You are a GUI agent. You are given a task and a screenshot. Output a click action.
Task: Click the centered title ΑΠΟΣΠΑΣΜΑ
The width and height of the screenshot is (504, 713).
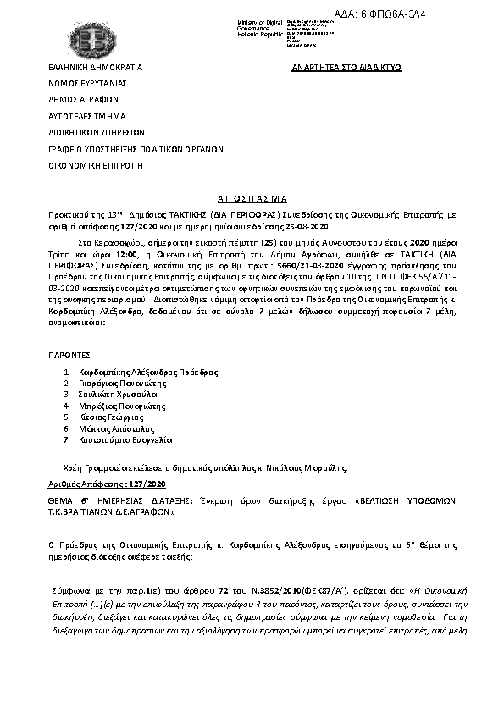(x=252, y=193)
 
